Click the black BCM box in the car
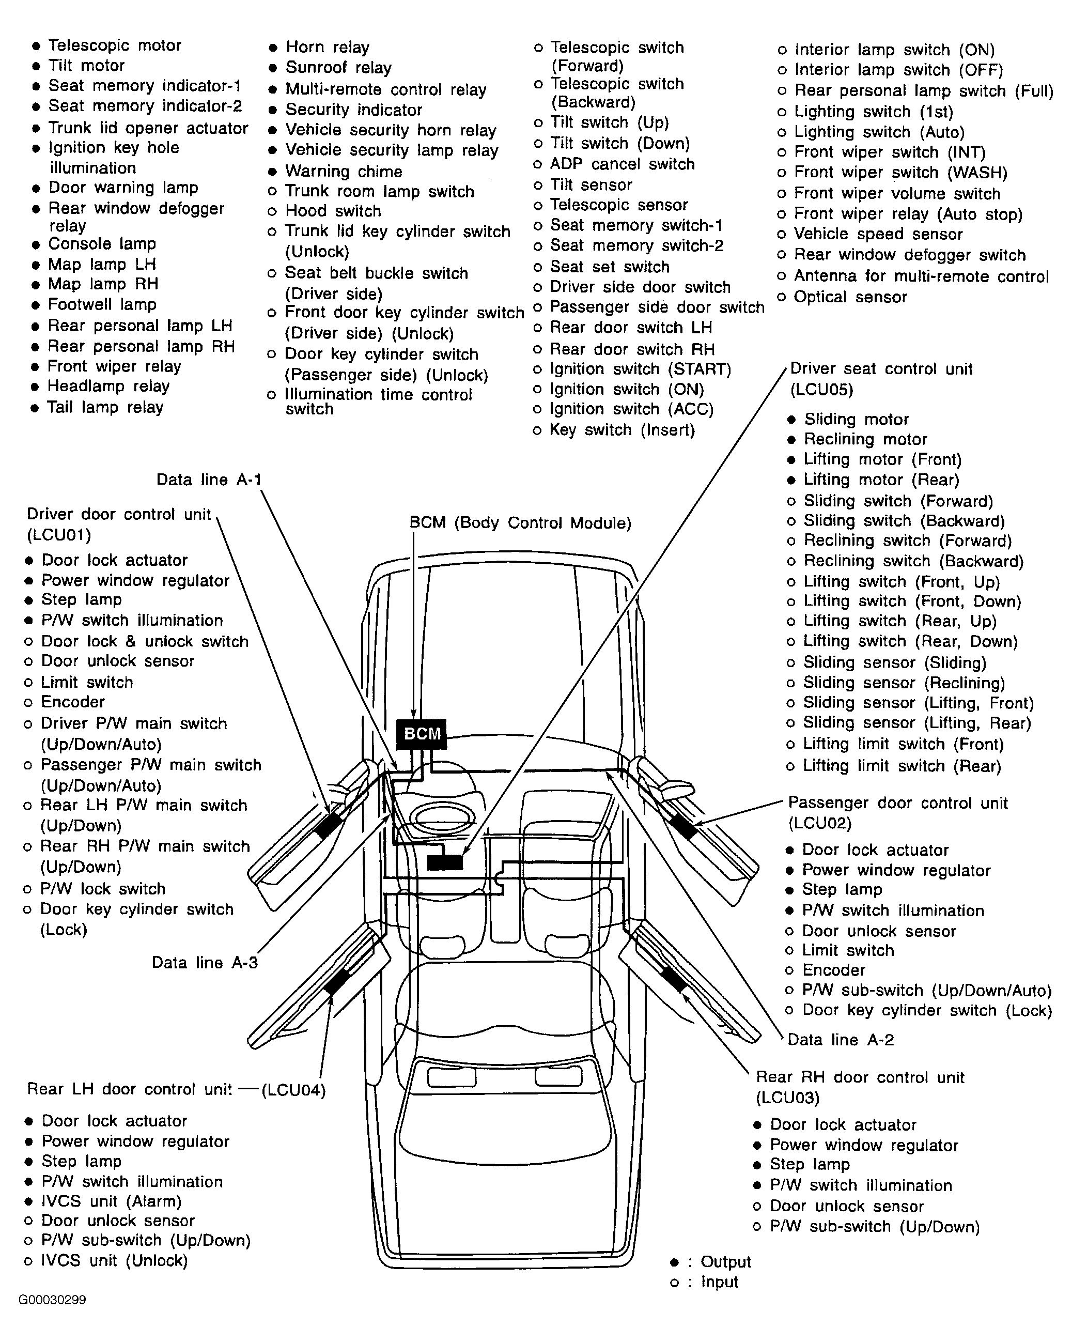coord(422,734)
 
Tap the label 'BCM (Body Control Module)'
coord(520,522)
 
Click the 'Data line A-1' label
coord(209,480)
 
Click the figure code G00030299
coord(52,1300)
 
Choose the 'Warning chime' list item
coord(343,172)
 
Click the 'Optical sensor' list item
coord(850,297)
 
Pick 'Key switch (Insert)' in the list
coord(622,430)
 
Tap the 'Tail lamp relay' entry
coord(105,407)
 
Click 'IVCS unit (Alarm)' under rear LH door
coord(111,1201)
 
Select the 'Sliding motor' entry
coord(856,419)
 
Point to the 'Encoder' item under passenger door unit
coord(833,970)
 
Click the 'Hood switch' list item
coord(333,211)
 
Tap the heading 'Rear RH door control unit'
coord(860,1077)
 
